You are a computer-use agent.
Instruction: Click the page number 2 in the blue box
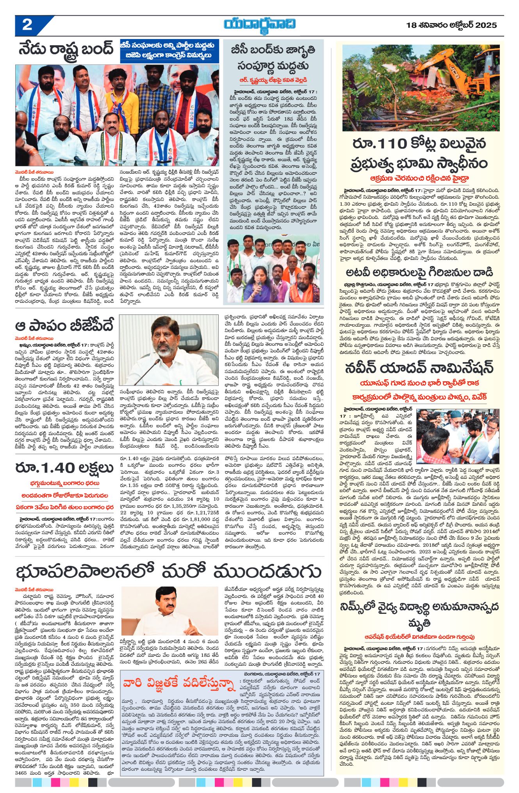(27, 26)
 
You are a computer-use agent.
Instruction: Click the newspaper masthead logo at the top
(259, 25)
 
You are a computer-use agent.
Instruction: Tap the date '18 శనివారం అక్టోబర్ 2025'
(451, 25)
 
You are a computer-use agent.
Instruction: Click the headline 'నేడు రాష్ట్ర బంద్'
(66, 50)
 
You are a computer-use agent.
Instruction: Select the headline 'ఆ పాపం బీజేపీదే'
(65, 325)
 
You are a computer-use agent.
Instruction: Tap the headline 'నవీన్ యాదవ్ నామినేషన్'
(419, 368)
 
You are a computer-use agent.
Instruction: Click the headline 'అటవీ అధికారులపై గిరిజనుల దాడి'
(419, 272)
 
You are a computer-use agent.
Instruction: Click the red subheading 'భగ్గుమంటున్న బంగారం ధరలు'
(64, 484)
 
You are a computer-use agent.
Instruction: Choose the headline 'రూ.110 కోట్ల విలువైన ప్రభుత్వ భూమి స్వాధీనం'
(420, 153)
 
